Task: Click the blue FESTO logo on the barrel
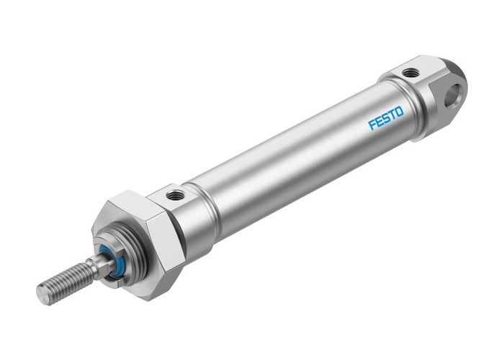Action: [x=386, y=119]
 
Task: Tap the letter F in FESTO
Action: [x=372, y=125]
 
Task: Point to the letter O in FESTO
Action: [x=399, y=112]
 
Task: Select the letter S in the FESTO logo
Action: [x=386, y=119]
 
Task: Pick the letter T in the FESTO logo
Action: [x=392, y=115]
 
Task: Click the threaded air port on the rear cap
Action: [x=410, y=72]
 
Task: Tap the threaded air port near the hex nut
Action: [x=174, y=194]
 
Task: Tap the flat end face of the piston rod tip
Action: [x=42, y=294]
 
